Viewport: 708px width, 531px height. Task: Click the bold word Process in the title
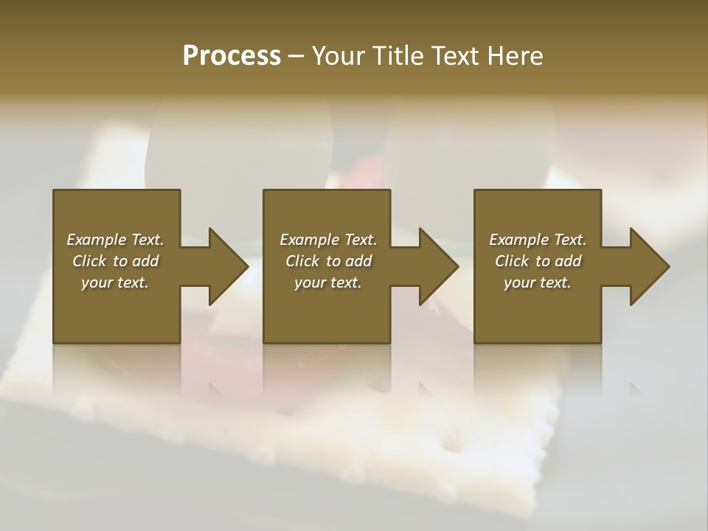[x=232, y=56]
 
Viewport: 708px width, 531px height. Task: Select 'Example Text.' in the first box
[x=115, y=240]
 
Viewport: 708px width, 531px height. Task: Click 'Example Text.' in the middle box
[x=327, y=240]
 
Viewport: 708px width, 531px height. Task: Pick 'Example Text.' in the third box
[x=538, y=240]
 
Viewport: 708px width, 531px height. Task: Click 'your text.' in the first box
[x=115, y=282]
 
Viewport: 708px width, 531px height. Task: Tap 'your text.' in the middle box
[x=327, y=282]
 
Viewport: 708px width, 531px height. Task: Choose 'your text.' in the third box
[x=538, y=282]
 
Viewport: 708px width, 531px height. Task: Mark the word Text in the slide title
[x=454, y=56]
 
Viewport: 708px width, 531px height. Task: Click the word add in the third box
[x=568, y=261]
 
